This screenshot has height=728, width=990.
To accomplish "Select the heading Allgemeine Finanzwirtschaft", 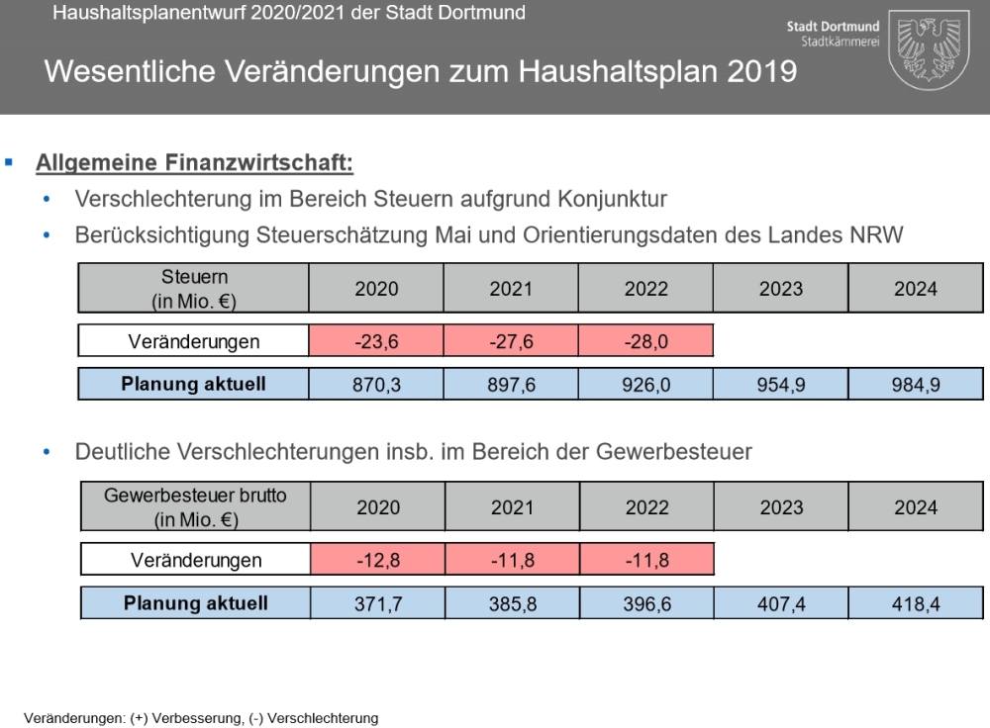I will click(x=194, y=163).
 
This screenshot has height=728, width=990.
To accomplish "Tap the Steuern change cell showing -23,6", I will click(x=376, y=341).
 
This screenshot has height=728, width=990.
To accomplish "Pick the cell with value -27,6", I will click(x=511, y=341).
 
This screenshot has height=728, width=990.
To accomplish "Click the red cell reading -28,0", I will click(x=645, y=341).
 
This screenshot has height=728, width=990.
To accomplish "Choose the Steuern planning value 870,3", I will click(x=376, y=385).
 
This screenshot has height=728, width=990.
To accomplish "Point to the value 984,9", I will click(x=916, y=385).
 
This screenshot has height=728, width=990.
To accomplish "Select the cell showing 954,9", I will click(x=781, y=385).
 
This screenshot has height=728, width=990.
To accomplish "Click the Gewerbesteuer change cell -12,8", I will click(x=377, y=561).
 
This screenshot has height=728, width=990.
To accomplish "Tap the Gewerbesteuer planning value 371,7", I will click(x=378, y=603).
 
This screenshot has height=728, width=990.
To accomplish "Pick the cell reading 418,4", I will click(x=917, y=603).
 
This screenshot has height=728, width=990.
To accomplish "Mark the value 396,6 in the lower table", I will click(x=647, y=603).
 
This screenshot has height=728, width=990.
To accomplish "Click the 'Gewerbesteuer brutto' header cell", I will click(x=195, y=506).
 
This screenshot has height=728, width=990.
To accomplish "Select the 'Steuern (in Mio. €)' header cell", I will click(x=194, y=288).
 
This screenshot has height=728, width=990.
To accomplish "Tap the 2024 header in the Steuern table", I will click(x=916, y=289).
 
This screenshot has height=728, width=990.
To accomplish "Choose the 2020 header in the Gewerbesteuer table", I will click(x=378, y=507).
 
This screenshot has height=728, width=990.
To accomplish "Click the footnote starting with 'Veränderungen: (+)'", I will click(x=201, y=718).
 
